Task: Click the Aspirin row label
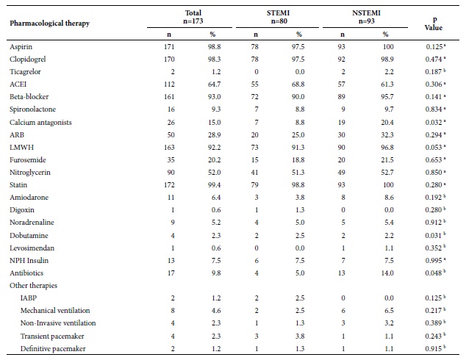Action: click(x=21, y=47)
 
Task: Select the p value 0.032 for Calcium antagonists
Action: click(x=434, y=123)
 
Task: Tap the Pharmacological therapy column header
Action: click(x=50, y=24)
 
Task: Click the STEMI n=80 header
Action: click(x=278, y=17)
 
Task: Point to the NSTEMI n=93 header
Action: click(x=366, y=17)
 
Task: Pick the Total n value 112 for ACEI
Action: click(x=169, y=84)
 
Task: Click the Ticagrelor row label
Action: click(x=25, y=72)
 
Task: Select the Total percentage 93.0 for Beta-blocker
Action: click(x=215, y=97)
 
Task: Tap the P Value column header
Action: click(x=434, y=24)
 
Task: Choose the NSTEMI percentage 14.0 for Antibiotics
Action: click(x=387, y=273)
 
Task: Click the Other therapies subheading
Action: click(x=33, y=286)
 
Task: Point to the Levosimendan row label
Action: click(x=32, y=248)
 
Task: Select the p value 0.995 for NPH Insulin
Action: click(x=434, y=261)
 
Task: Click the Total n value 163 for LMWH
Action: click(x=169, y=148)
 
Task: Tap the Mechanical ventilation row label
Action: click(x=55, y=311)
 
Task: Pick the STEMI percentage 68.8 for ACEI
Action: click(x=298, y=84)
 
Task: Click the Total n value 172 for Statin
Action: click(x=169, y=184)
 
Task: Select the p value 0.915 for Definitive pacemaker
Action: click(x=434, y=349)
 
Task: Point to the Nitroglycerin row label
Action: click(x=29, y=173)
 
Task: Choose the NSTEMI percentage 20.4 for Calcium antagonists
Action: click(x=387, y=123)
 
